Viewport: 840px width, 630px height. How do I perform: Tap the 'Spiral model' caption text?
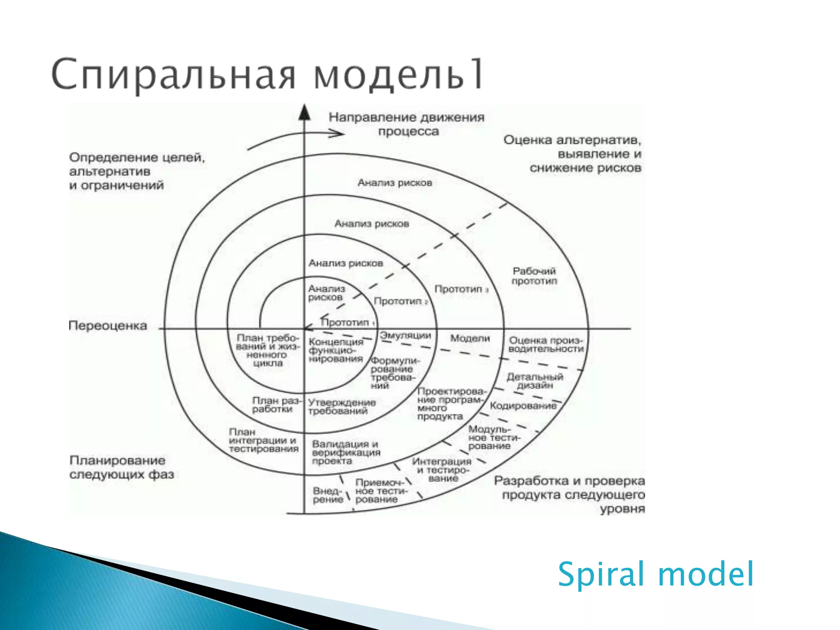655,574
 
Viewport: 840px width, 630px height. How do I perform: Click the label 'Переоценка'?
107,326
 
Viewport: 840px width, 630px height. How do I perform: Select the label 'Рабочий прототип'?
534,276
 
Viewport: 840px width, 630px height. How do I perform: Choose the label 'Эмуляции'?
405,336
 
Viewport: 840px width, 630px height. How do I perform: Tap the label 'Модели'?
470,338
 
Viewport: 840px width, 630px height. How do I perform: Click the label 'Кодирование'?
523,406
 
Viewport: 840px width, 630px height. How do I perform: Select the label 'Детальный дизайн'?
535,381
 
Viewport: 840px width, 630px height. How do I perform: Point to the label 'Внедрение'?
328,495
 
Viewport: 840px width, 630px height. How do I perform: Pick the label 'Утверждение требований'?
342,407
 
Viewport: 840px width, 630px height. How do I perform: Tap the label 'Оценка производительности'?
546,345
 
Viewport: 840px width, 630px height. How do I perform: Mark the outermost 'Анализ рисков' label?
395,183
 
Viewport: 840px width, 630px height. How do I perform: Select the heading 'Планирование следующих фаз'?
121,468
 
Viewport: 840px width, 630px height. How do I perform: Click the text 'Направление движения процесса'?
406,124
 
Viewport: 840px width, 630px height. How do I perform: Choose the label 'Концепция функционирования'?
336,350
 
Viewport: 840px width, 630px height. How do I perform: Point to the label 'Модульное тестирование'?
494,438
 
